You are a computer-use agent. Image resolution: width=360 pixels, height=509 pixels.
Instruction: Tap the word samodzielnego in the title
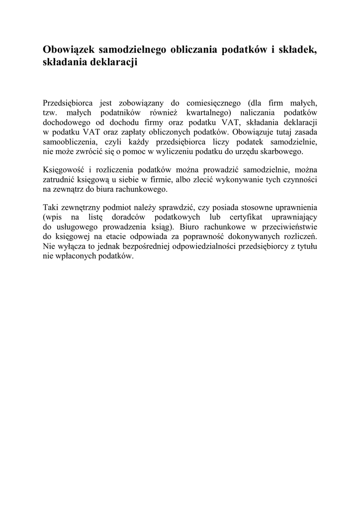[132, 50]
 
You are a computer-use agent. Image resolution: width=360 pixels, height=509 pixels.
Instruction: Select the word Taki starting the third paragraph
[51, 208]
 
